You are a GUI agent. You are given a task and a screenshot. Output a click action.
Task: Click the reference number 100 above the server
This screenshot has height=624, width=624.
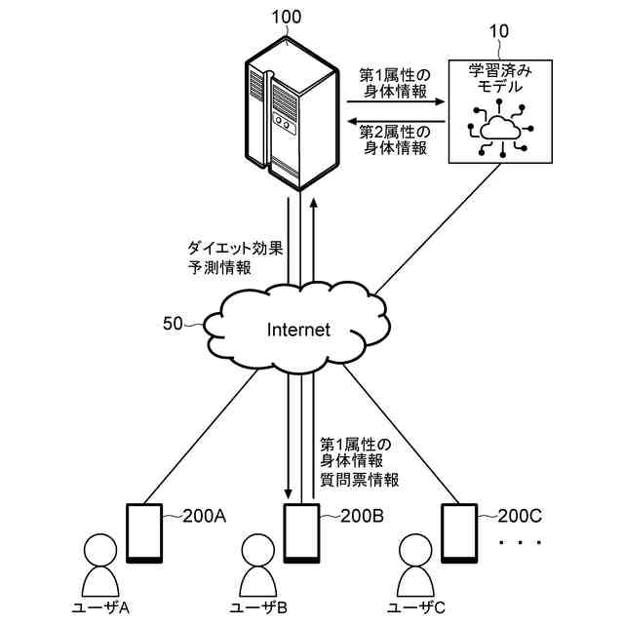287,18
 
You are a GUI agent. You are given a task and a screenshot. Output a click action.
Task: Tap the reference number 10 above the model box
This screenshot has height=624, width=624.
498,31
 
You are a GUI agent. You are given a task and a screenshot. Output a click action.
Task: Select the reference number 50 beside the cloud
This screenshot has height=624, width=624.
173,324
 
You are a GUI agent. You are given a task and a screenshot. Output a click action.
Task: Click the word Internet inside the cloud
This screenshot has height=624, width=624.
298,330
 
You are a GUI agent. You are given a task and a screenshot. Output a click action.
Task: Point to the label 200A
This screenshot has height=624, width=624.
205,516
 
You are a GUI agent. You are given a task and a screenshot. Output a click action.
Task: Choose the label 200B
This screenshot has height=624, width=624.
362,516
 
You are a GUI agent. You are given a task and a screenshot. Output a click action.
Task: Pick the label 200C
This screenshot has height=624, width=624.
520,516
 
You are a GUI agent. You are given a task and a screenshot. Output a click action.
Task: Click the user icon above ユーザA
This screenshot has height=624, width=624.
100,565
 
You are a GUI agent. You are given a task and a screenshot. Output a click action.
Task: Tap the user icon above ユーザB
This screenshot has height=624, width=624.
257,565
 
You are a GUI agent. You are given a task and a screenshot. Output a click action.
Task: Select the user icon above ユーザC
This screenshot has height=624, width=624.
415,565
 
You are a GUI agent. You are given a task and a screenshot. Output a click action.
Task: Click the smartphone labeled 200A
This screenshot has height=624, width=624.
144,533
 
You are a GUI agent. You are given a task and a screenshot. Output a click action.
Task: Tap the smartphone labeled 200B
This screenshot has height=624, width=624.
301,533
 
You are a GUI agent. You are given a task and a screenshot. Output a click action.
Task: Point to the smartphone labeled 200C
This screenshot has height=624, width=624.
459,533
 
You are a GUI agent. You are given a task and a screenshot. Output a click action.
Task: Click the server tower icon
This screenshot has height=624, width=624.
292,114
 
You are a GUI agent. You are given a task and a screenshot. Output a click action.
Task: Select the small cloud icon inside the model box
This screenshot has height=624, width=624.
500,128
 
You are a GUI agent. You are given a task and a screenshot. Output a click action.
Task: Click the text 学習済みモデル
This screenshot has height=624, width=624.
500,78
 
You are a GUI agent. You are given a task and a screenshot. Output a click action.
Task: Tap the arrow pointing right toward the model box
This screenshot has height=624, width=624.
396,101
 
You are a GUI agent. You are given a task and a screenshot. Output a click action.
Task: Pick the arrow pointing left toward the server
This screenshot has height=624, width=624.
396,121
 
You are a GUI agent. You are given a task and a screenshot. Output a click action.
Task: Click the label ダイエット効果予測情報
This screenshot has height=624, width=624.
235,257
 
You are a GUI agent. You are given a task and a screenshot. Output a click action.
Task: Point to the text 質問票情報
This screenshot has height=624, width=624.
360,480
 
